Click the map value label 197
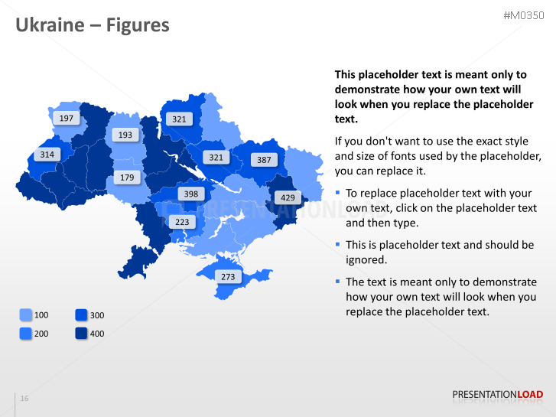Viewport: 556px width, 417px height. (67, 118)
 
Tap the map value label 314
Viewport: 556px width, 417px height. (47, 155)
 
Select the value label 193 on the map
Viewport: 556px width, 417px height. (125, 135)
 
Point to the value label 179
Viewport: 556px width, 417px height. (127, 178)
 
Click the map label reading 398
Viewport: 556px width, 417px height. (190, 194)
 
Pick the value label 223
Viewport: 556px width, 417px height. (182, 222)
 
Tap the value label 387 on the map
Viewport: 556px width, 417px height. (264, 160)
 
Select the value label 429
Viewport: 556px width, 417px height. (288, 197)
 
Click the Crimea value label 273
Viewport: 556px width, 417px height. (228, 276)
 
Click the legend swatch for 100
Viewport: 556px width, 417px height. (26, 314)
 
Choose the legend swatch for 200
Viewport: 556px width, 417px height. (26, 333)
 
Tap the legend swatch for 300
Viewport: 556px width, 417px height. (82, 314)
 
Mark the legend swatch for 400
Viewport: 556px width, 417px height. (82, 333)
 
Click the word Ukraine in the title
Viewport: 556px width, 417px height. (50, 25)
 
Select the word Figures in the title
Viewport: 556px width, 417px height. (138, 25)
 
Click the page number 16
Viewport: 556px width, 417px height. (24, 399)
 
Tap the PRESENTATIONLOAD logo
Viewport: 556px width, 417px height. (497, 395)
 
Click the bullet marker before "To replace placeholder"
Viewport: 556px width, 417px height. (338, 193)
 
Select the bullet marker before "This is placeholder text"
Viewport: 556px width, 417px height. (338, 244)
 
